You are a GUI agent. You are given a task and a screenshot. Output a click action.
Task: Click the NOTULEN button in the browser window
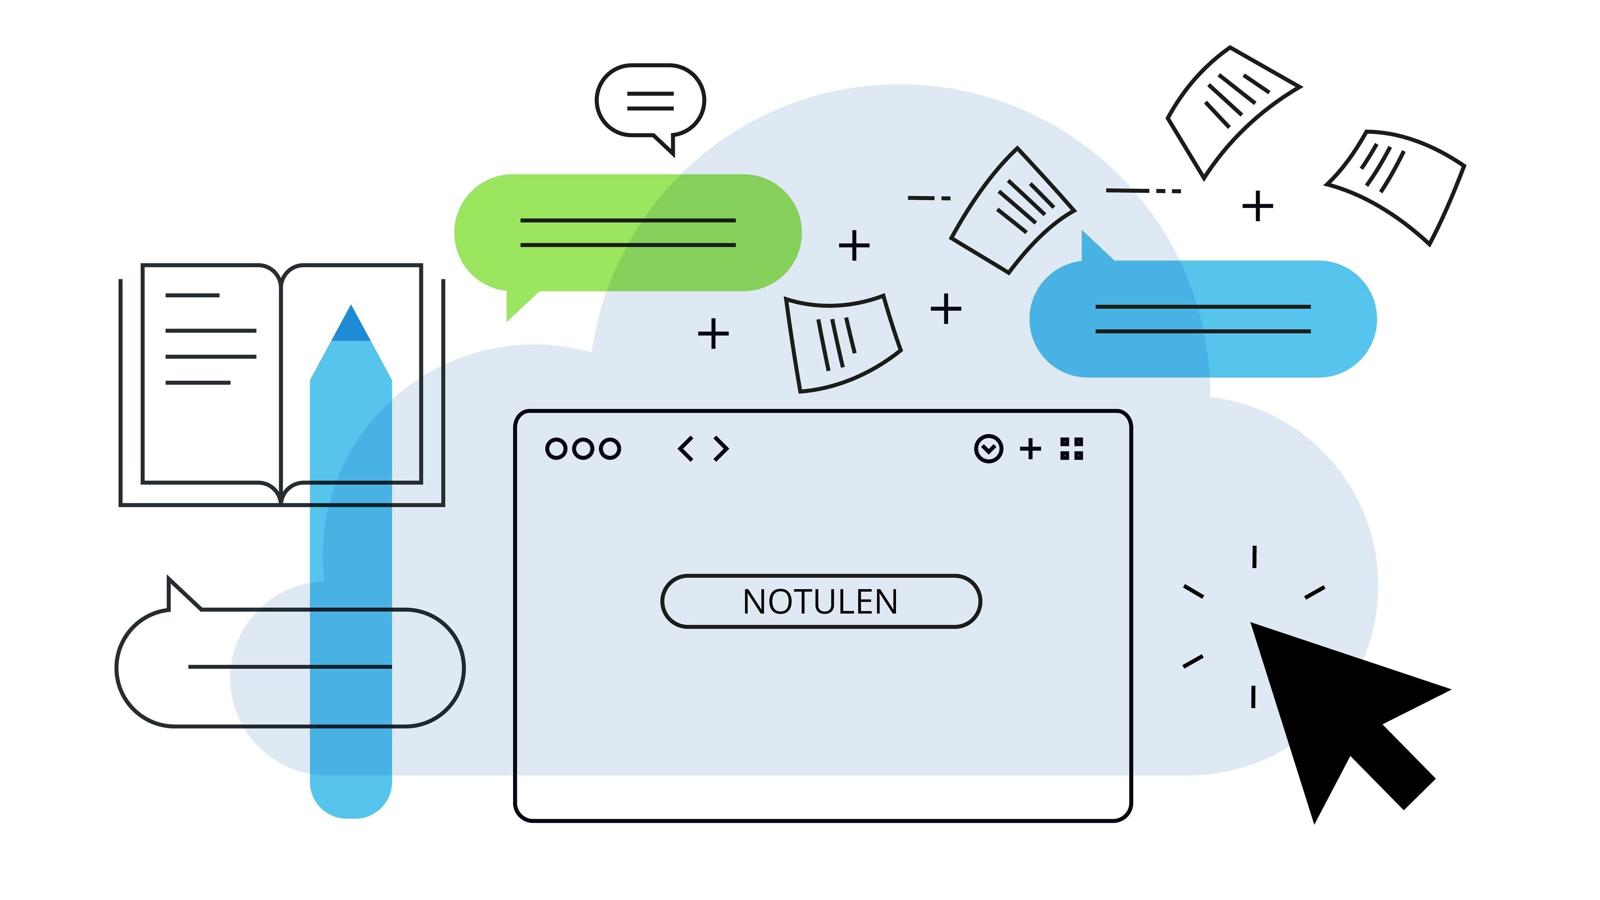(x=820, y=601)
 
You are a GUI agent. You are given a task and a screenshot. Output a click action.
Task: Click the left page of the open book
(x=211, y=373)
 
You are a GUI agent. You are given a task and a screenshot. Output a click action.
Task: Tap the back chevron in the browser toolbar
(x=685, y=448)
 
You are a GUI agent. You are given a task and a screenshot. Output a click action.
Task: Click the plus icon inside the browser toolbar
(x=1030, y=448)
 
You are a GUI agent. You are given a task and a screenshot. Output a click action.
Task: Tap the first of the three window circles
(x=556, y=448)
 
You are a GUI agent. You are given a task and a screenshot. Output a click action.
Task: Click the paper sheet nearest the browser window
(x=842, y=342)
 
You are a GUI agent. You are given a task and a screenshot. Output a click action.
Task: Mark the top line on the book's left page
(x=193, y=295)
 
